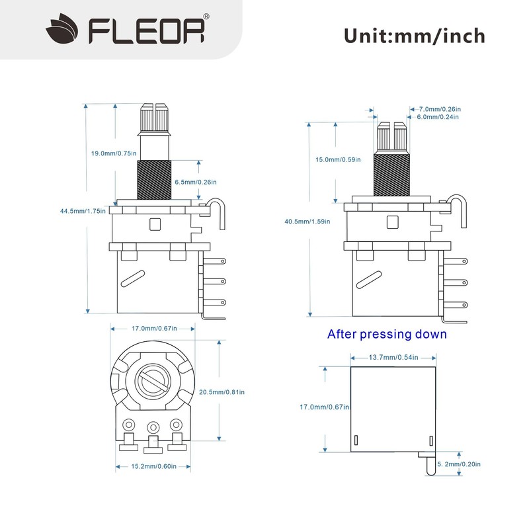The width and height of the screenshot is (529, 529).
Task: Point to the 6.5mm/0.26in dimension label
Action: [195, 182]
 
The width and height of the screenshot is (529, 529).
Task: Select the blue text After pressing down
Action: [387, 334]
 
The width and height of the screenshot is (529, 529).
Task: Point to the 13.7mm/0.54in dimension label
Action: [393, 357]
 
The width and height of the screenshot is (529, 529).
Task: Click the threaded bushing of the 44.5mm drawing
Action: [154, 179]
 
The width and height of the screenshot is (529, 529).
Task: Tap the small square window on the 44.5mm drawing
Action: [155, 224]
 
